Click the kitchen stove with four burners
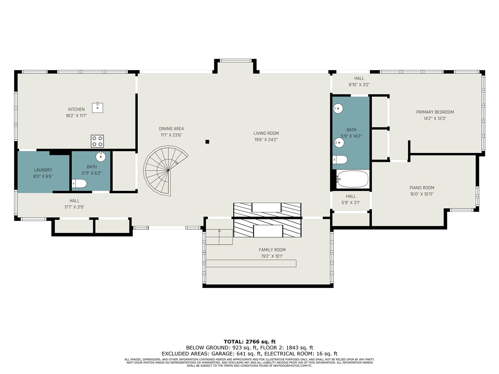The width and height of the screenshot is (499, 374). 97,141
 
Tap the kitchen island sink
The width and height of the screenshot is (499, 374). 97,108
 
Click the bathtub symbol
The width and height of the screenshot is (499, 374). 352,179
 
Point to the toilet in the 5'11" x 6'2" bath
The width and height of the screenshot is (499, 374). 79,183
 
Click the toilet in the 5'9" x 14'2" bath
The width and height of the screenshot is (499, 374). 340,160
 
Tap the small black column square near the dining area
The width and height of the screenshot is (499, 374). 207,142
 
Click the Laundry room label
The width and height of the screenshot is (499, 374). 43,170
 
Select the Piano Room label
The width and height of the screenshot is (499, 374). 422,188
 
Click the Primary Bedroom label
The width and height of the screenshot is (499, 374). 435,112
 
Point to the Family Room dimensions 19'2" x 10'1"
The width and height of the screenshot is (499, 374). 272,256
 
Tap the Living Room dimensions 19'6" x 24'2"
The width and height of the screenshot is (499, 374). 266,139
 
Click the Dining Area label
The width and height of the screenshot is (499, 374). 172,129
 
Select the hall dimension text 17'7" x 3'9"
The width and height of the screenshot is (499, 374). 74,207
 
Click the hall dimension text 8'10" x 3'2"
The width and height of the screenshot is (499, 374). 359,85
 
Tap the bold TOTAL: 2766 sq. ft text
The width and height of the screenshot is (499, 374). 249,342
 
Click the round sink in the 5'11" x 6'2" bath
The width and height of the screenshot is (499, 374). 101,157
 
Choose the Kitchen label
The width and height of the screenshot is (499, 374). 76,109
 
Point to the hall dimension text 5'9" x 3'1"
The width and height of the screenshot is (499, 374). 351,203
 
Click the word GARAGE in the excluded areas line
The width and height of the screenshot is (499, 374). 222,354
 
